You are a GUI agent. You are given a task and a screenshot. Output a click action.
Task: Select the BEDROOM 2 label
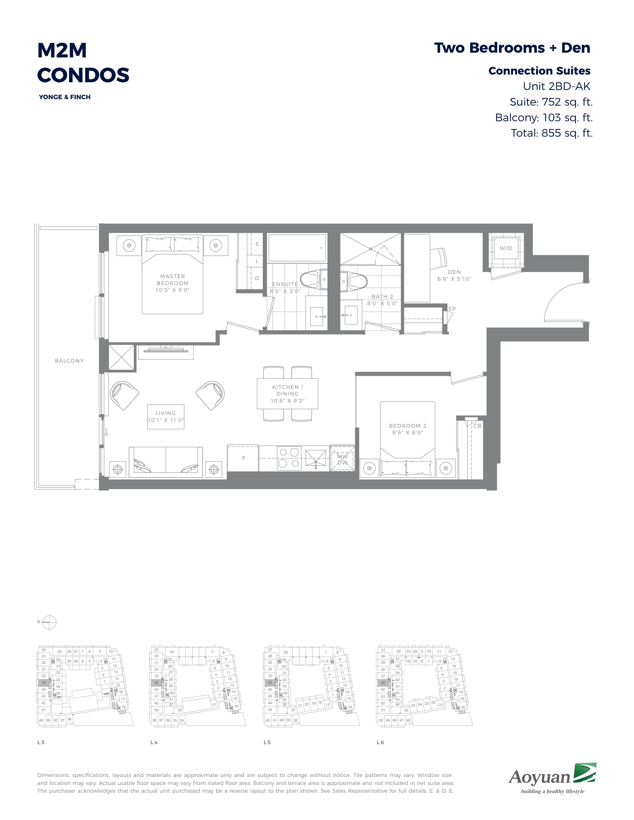[x=408, y=426]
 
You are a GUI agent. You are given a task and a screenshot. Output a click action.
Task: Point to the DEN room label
[x=454, y=272]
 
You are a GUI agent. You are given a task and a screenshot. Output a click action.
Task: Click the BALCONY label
[x=69, y=361]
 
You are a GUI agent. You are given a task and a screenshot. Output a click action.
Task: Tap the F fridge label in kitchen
[x=244, y=458]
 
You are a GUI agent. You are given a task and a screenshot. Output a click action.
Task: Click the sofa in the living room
[x=166, y=462]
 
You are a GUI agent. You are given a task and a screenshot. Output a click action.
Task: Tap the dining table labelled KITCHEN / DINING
[x=287, y=394]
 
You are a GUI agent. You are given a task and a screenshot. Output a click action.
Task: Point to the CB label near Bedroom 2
[x=477, y=426]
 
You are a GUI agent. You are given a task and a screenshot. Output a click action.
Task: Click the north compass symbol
[x=49, y=622]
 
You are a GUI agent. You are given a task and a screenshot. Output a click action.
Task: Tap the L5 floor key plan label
[x=267, y=742]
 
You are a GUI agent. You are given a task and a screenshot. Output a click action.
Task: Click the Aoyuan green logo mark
[x=585, y=772]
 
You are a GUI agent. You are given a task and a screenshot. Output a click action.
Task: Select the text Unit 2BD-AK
[x=557, y=86]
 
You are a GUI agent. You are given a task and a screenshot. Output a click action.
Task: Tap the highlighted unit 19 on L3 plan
[x=44, y=683]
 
